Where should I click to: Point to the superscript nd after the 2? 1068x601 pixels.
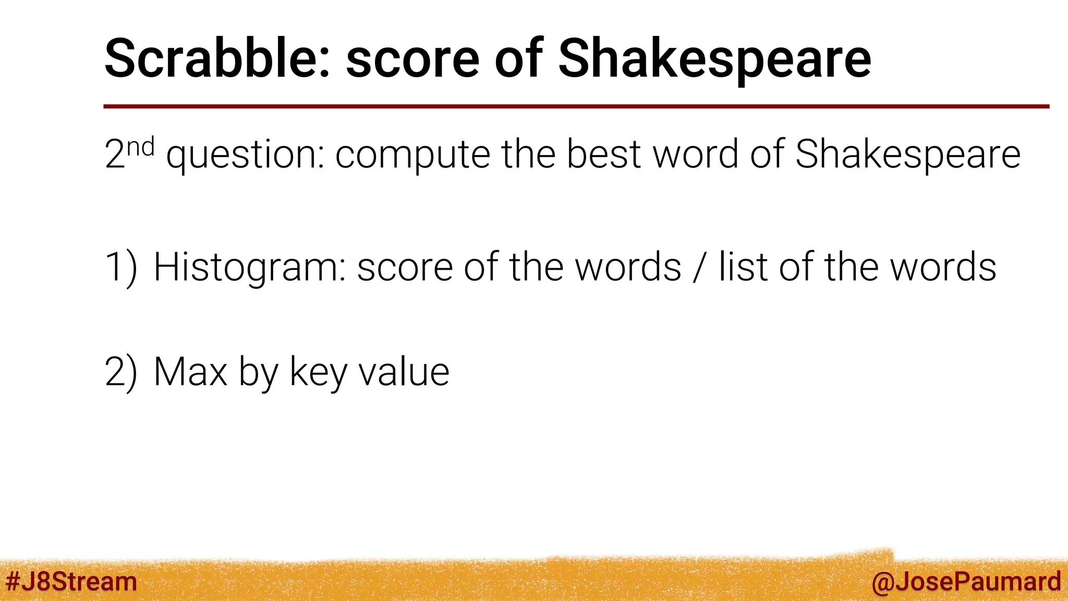[140, 147]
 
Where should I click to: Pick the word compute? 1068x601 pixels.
[412, 154]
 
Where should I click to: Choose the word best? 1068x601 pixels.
[603, 154]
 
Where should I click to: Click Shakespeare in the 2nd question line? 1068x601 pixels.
[908, 154]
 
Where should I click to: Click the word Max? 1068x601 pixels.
[190, 372]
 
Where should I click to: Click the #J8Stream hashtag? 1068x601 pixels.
[71, 581]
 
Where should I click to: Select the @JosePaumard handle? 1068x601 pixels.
[966, 581]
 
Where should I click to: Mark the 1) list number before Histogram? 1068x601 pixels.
[121, 267]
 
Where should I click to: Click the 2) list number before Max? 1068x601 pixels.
[121, 372]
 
